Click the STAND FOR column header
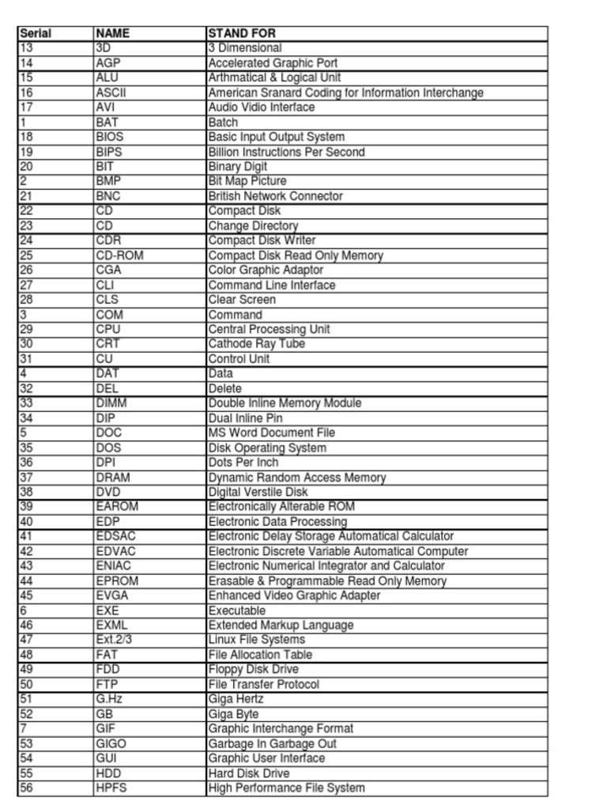(x=242, y=33)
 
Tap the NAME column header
(x=112, y=33)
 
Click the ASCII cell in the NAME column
(x=111, y=93)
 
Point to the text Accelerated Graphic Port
(x=273, y=62)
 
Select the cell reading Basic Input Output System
(x=276, y=137)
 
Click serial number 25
(x=26, y=255)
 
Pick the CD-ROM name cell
(x=119, y=255)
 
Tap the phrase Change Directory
(x=253, y=225)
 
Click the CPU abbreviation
(x=108, y=329)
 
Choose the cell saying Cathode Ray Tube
(x=256, y=344)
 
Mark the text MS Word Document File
(x=271, y=433)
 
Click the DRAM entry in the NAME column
(x=113, y=478)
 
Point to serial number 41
(x=26, y=536)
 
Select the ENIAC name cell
(x=113, y=565)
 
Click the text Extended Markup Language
(x=281, y=625)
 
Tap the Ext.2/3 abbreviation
(x=114, y=639)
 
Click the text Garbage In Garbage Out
(x=272, y=743)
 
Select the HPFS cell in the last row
(x=111, y=788)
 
